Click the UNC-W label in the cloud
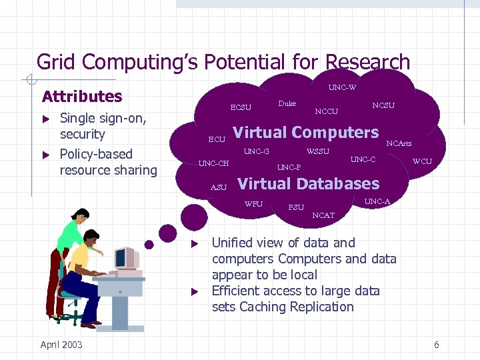[342, 87]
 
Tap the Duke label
[287, 103]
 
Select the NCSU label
[383, 105]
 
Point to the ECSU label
[241, 107]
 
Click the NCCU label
[326, 111]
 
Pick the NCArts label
[399, 143]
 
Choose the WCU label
[422, 161]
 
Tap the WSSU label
[317, 151]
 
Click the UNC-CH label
[214, 163]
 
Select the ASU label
[219, 187]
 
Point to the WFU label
[253, 204]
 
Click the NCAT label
[323, 215]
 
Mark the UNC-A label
[377, 201]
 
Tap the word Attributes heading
[82, 96]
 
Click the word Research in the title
[363, 62]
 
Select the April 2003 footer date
[61, 344]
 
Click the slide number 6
[436, 345]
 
